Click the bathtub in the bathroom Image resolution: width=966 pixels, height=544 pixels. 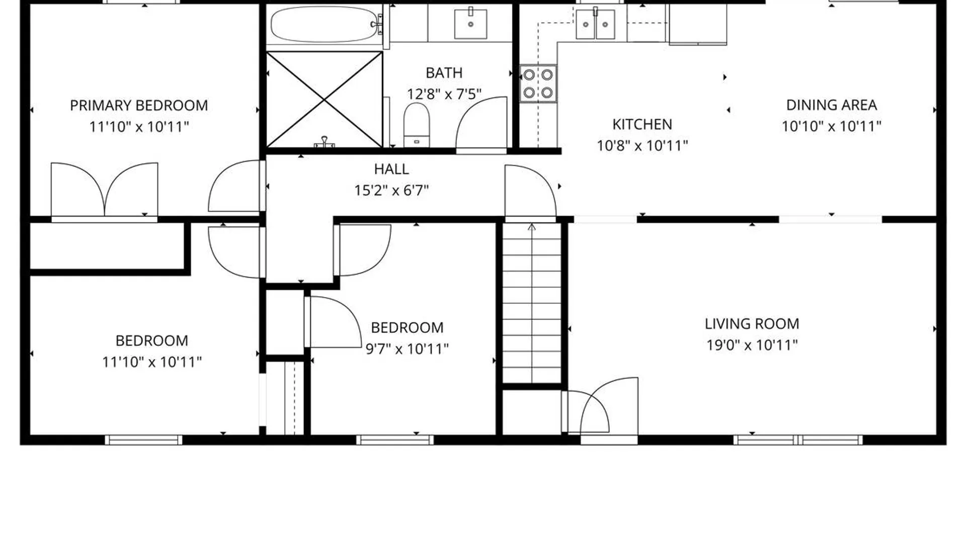(325, 24)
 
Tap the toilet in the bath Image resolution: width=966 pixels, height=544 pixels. (417, 125)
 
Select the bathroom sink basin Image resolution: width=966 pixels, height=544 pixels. (470, 23)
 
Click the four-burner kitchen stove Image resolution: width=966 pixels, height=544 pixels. (538, 84)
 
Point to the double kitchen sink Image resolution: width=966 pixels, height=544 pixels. (595, 24)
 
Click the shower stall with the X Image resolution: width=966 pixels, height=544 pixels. (325, 99)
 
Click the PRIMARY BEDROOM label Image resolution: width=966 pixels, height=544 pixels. (139, 105)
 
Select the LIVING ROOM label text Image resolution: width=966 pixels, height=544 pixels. (752, 324)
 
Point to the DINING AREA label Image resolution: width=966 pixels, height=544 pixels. (832, 105)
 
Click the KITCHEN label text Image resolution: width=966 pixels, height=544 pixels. (642, 124)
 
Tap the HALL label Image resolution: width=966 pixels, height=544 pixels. (391, 169)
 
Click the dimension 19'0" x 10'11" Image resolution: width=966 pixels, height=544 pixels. (752, 345)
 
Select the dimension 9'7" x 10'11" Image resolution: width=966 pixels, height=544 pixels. (407, 349)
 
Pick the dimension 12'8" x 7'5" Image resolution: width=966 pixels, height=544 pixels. (444, 94)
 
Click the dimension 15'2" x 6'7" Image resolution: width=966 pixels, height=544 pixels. (391, 190)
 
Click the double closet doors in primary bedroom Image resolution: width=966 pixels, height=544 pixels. (104, 190)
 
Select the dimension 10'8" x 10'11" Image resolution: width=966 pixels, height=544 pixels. (642, 146)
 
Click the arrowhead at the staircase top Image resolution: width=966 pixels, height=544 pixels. (532, 227)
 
